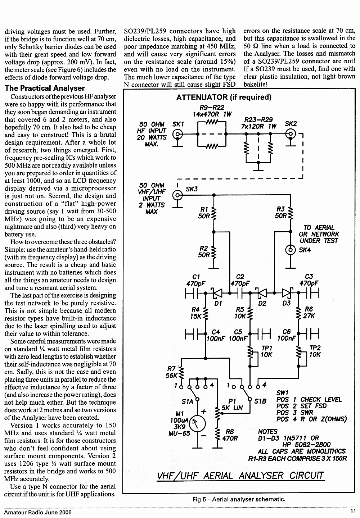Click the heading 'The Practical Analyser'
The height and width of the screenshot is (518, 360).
(x=44, y=88)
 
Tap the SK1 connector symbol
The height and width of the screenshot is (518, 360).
(x=178, y=134)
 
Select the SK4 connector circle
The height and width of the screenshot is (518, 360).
(x=291, y=250)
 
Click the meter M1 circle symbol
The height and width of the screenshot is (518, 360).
(x=197, y=424)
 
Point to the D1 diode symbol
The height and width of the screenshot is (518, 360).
(x=217, y=293)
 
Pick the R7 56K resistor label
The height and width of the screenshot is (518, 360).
(x=171, y=372)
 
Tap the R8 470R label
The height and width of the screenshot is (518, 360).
(x=230, y=435)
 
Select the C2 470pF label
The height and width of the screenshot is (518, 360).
(x=240, y=280)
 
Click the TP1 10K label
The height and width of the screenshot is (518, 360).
(x=266, y=351)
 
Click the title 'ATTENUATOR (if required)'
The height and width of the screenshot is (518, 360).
(x=224, y=97)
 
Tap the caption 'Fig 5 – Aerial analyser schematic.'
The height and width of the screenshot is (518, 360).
(x=239, y=499)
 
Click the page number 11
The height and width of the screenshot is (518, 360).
(x=353, y=512)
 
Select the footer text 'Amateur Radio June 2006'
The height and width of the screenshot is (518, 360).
(x=38, y=512)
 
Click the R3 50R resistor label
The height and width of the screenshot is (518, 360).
(x=281, y=212)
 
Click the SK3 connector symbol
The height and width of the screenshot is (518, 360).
(x=177, y=195)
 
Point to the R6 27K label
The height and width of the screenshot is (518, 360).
(x=309, y=312)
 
